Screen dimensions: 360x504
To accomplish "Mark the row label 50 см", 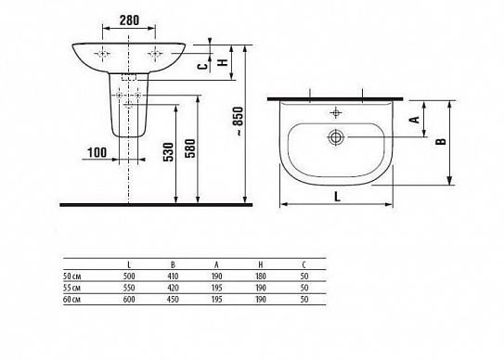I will (73, 276).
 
